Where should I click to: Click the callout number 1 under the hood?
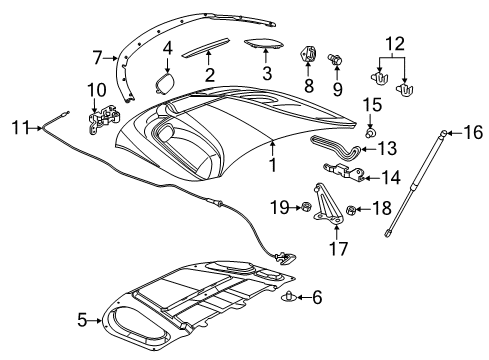(272, 164)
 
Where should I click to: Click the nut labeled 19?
(307, 207)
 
